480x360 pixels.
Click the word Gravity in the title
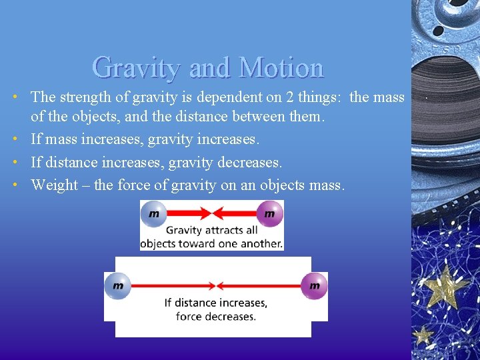(136, 67)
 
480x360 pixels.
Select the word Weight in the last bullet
(55, 185)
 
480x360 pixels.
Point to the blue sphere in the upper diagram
(154, 214)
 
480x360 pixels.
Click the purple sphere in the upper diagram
(269, 214)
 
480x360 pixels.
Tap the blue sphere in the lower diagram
(118, 285)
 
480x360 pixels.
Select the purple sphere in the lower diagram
(314, 285)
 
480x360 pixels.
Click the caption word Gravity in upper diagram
(184, 231)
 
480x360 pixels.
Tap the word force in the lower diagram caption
(189, 316)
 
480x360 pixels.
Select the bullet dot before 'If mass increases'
(14, 140)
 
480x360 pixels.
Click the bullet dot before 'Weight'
(14, 185)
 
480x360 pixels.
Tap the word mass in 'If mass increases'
(60, 140)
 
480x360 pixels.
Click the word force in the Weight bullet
(133, 185)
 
